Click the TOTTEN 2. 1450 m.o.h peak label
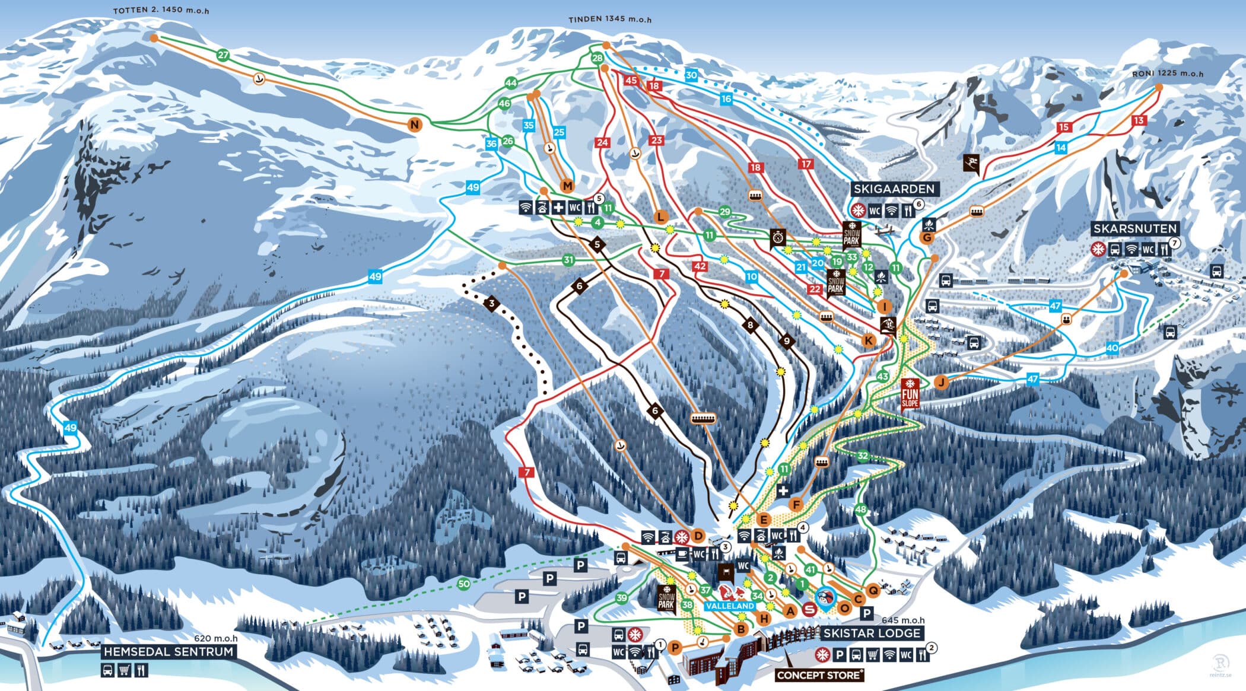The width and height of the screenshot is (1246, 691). pos(161,11)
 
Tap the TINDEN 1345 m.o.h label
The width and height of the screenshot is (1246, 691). pos(609,19)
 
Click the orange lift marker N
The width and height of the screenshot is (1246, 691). pos(415,125)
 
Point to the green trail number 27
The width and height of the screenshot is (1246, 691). pos(223,55)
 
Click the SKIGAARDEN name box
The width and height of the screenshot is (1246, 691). pos(894,189)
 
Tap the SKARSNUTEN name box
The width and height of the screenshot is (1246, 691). pos(1134,229)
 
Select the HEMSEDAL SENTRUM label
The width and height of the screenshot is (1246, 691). pos(169,651)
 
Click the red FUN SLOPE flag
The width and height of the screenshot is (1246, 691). pos(909,394)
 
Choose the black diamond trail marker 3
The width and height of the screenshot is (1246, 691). pos(491,304)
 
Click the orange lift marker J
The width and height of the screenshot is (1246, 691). pos(941,382)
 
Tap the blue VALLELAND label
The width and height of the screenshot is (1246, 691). pos(730,606)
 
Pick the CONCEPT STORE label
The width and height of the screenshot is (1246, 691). pos(818,675)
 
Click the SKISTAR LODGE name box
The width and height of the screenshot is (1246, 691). pos(871,633)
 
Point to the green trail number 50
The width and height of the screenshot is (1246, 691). pos(463,584)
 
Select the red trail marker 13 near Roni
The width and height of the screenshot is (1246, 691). pos(1138,120)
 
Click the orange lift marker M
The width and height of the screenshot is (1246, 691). pos(567,186)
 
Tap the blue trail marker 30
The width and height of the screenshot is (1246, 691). pos(691,75)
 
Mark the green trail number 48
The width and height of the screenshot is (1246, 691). pos(860,510)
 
